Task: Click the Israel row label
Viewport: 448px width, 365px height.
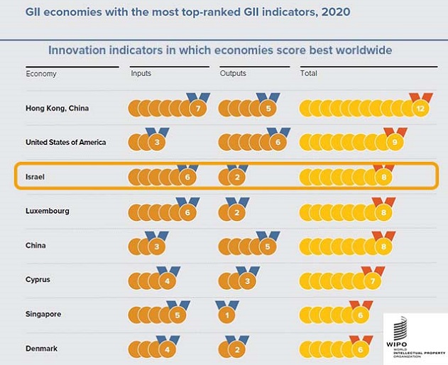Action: (35, 177)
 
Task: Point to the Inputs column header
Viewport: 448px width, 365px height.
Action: (141, 74)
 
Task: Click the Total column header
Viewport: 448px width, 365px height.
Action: (309, 74)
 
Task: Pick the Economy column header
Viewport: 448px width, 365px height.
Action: (40, 74)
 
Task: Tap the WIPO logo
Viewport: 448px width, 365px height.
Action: (413, 337)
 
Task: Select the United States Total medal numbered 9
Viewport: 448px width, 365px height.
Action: (390, 143)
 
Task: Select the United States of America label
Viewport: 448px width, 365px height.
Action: (66, 142)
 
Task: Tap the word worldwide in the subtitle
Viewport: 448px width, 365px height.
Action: (364, 50)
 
